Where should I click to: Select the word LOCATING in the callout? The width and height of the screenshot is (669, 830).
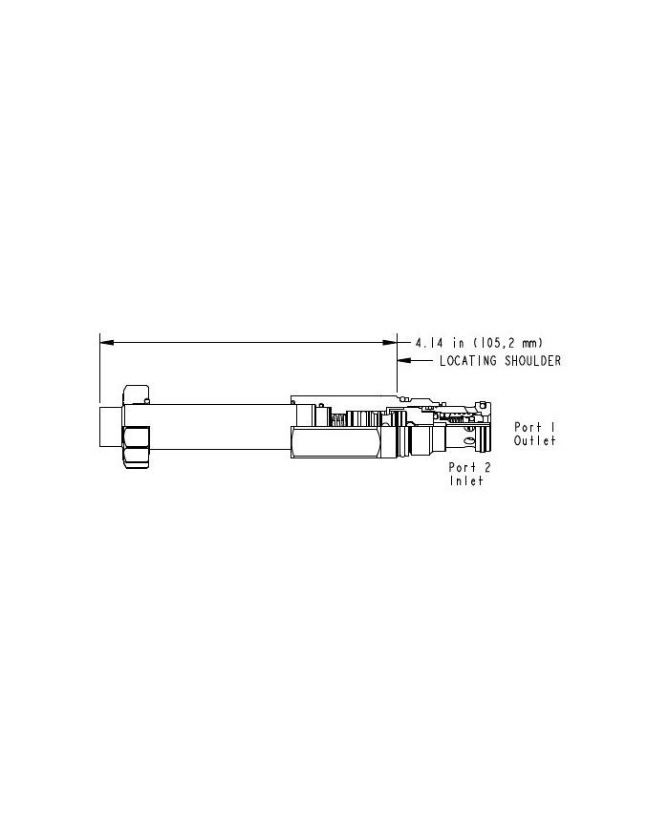tap(468, 361)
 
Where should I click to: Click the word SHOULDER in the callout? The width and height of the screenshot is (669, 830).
tap(533, 361)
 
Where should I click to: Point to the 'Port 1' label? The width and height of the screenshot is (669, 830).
tap(535, 427)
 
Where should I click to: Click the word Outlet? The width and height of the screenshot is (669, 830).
tap(535, 440)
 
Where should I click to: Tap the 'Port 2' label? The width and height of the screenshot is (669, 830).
tap(469, 467)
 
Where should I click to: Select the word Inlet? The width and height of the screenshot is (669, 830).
tap(466, 480)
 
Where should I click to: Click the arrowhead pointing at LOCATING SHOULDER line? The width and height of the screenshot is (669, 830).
tap(403, 361)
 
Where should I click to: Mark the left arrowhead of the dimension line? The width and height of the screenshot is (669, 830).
tap(106, 343)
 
